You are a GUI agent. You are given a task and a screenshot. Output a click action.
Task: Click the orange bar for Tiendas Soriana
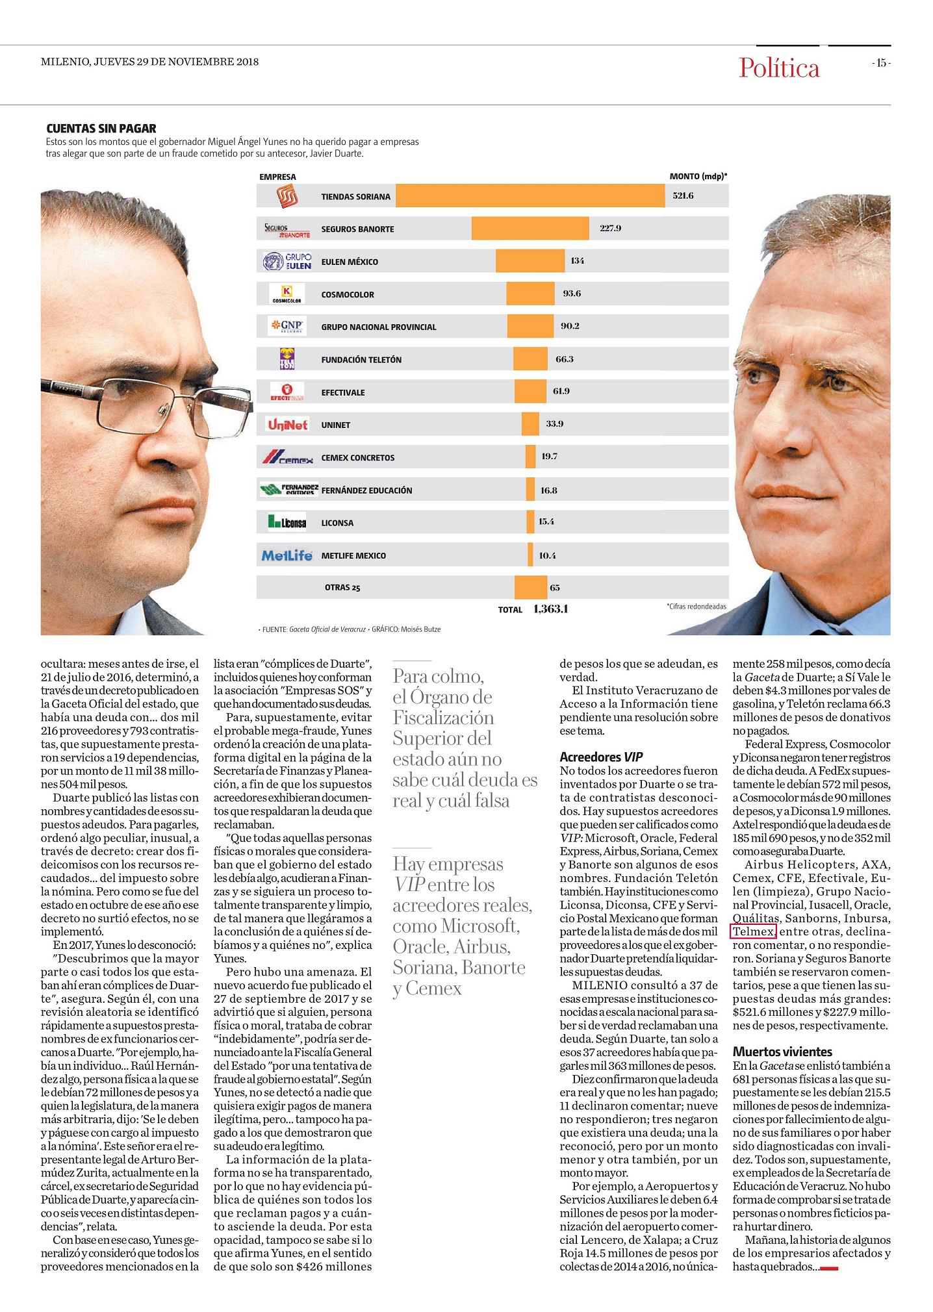point(530,196)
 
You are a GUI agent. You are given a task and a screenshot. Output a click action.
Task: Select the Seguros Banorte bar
point(530,228)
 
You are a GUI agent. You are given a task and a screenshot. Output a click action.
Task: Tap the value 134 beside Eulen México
point(577,260)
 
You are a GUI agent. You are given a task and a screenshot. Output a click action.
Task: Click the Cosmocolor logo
point(287,294)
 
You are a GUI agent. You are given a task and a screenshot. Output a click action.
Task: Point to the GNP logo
point(287,326)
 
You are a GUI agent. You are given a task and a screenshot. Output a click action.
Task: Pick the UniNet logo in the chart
point(287,425)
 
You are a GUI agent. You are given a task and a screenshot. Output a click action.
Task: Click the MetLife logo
point(287,555)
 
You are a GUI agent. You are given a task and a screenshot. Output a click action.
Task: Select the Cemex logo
point(287,457)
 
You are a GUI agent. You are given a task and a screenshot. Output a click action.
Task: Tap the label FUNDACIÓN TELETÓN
point(361,360)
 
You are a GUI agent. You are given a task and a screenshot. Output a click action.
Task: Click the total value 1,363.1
point(550,609)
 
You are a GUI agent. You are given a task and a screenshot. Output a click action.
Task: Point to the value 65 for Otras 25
point(555,588)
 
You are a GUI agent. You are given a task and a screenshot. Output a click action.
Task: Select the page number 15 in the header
point(881,63)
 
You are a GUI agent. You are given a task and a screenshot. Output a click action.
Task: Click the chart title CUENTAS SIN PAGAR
point(101,129)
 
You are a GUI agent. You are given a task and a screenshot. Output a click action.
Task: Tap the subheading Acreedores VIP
point(601,757)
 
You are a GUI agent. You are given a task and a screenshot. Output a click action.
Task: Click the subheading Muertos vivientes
point(782,1052)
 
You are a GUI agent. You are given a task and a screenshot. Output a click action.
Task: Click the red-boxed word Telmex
point(753,931)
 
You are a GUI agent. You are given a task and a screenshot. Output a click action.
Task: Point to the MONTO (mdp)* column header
point(698,176)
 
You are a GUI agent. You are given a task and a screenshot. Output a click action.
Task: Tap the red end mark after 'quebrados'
point(830,1268)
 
